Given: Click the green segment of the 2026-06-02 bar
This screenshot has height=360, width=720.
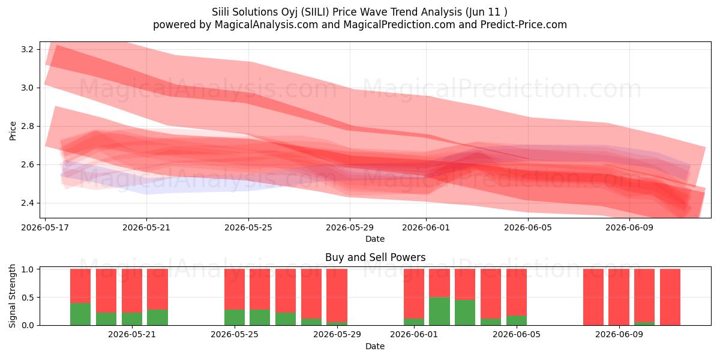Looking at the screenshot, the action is [x=439, y=311].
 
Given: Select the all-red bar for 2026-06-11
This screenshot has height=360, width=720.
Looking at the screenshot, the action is [x=670, y=297].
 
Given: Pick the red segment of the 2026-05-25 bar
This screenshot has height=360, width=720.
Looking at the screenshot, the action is [x=235, y=289].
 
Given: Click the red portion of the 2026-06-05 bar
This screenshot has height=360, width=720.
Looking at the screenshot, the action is [x=517, y=292].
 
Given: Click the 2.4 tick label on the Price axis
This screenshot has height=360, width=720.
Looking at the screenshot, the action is [x=28, y=203].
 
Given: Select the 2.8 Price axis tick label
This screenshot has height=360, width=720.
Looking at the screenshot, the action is [x=28, y=127].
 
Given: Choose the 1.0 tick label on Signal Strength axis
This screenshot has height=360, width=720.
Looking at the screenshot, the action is [x=28, y=269].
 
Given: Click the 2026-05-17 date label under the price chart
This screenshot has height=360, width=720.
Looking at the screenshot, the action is [x=45, y=227].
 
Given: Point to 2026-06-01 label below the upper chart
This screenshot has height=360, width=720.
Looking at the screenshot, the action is [x=426, y=227].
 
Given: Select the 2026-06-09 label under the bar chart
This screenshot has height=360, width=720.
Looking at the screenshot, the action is [x=619, y=334].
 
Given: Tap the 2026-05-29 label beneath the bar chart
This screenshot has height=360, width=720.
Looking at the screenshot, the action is [x=337, y=334].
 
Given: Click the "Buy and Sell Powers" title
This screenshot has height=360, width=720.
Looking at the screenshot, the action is [x=375, y=257].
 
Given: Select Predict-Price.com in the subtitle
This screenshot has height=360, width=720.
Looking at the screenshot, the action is [x=524, y=25].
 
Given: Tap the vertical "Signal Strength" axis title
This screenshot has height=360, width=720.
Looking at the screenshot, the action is [x=12, y=296].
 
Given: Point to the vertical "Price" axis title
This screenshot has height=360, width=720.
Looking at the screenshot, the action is [x=13, y=131].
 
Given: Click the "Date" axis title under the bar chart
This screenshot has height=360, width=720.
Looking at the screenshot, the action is [x=375, y=346].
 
